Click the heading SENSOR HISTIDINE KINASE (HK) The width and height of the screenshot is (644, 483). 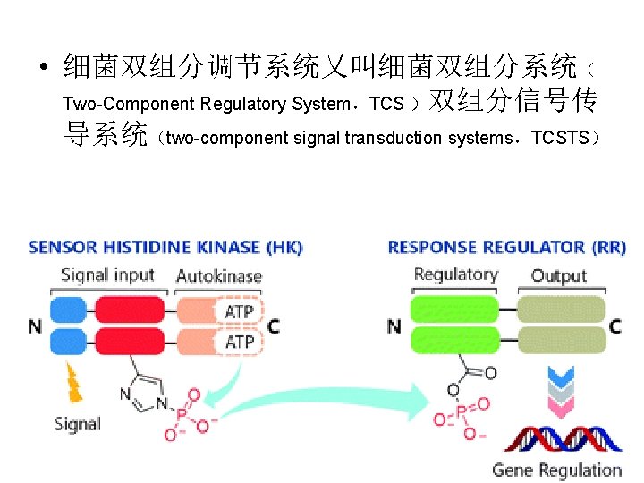pyautogui.click(x=165, y=247)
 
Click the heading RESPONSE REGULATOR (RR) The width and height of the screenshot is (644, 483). pyautogui.click(x=506, y=247)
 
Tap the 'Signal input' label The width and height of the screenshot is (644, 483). pyautogui.click(x=107, y=275)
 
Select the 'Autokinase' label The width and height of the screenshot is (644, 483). pyautogui.click(x=219, y=275)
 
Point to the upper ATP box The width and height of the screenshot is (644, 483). pyautogui.click(x=239, y=311)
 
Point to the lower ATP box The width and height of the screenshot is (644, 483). pyautogui.click(x=239, y=342)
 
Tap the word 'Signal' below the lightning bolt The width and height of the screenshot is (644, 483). pyautogui.click(x=77, y=424)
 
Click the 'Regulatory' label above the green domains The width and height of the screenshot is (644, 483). pyautogui.click(x=455, y=275)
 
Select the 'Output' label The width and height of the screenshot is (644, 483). pyautogui.click(x=558, y=275)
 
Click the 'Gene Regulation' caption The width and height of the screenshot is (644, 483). pyautogui.click(x=556, y=470)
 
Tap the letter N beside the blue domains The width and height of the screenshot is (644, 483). pyautogui.click(x=35, y=326)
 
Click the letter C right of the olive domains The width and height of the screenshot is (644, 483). pyautogui.click(x=615, y=326)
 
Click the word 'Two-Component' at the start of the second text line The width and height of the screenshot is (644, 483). pyautogui.click(x=129, y=104)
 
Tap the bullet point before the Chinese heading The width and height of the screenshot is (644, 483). pyautogui.click(x=42, y=68)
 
